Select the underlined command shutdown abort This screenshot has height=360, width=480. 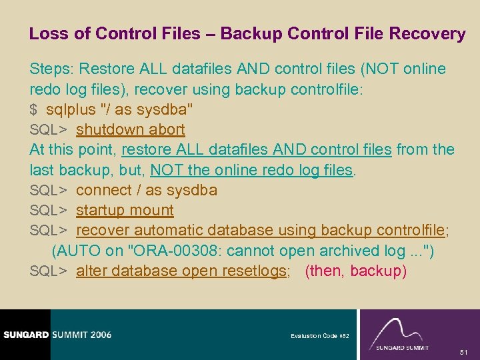[x=130, y=129]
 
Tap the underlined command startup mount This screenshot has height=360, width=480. [x=125, y=210]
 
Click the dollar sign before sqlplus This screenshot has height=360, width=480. [x=33, y=109]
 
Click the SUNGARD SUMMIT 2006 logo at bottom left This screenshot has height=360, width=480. [x=57, y=334]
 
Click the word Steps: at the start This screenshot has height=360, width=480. [x=51, y=69]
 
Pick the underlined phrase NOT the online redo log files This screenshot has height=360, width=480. [x=252, y=170]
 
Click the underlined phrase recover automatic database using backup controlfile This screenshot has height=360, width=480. [x=260, y=230]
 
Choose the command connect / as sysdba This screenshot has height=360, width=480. [x=147, y=190]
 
